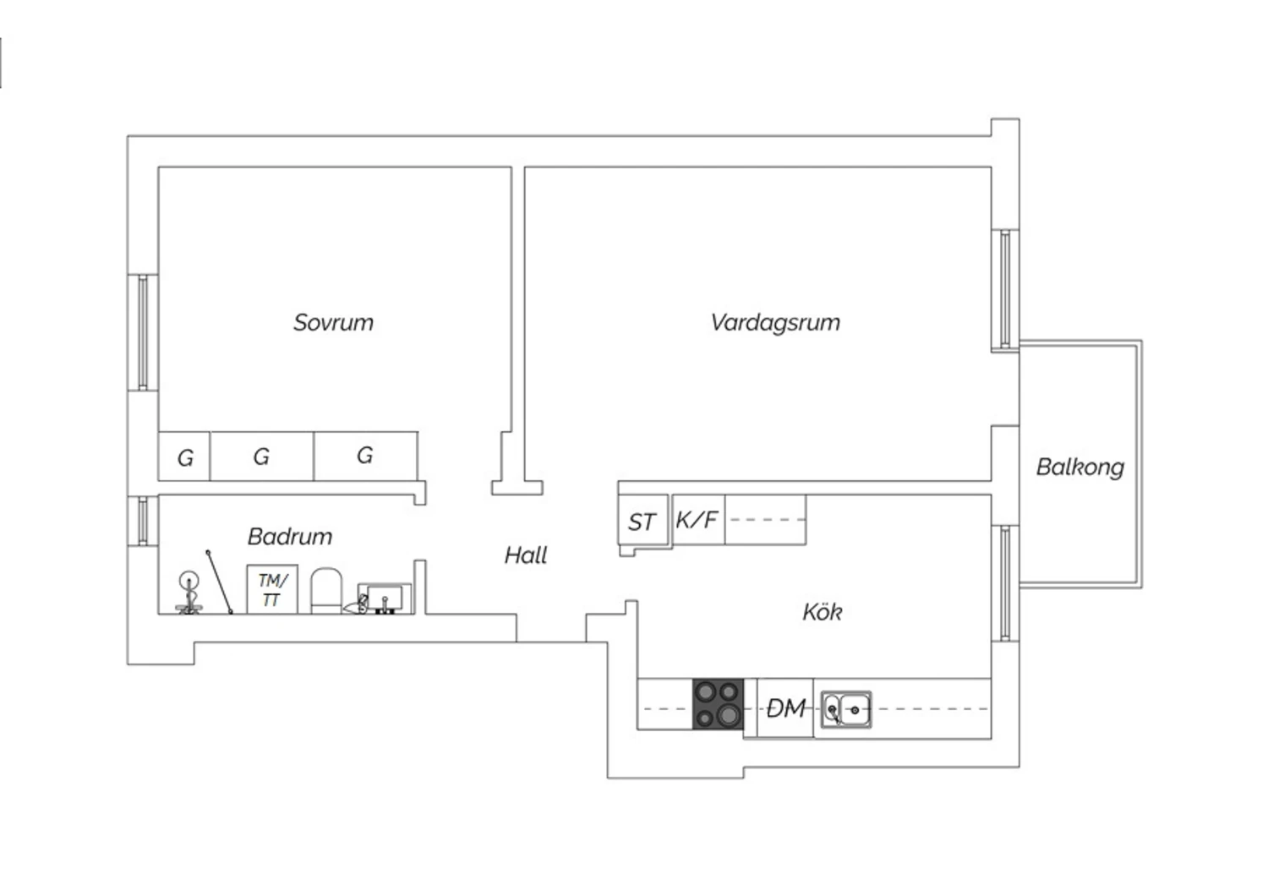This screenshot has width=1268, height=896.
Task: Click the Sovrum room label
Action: (333, 323)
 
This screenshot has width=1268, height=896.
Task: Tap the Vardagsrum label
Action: (775, 323)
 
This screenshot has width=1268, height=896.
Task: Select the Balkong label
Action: (1080, 467)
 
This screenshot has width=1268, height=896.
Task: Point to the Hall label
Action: (525, 555)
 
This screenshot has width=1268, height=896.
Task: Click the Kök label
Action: (822, 612)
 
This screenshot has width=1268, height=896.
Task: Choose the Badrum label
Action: (290, 537)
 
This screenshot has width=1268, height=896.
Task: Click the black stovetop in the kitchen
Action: (719, 704)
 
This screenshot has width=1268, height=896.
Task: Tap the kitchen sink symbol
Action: (846, 709)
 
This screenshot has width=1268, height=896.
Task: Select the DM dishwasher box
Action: (785, 708)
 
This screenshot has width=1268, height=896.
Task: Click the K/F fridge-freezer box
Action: (698, 520)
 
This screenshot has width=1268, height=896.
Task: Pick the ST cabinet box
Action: (643, 521)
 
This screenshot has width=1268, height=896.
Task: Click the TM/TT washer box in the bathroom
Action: (272, 589)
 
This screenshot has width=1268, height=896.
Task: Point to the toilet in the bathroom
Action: (326, 591)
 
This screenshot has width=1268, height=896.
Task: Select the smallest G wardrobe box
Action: (184, 456)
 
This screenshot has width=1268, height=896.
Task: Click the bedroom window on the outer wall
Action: (143, 333)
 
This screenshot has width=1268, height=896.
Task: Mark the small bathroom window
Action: (143, 522)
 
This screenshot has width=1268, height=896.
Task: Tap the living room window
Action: (1005, 291)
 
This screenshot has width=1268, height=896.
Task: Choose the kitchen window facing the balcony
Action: (1005, 583)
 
